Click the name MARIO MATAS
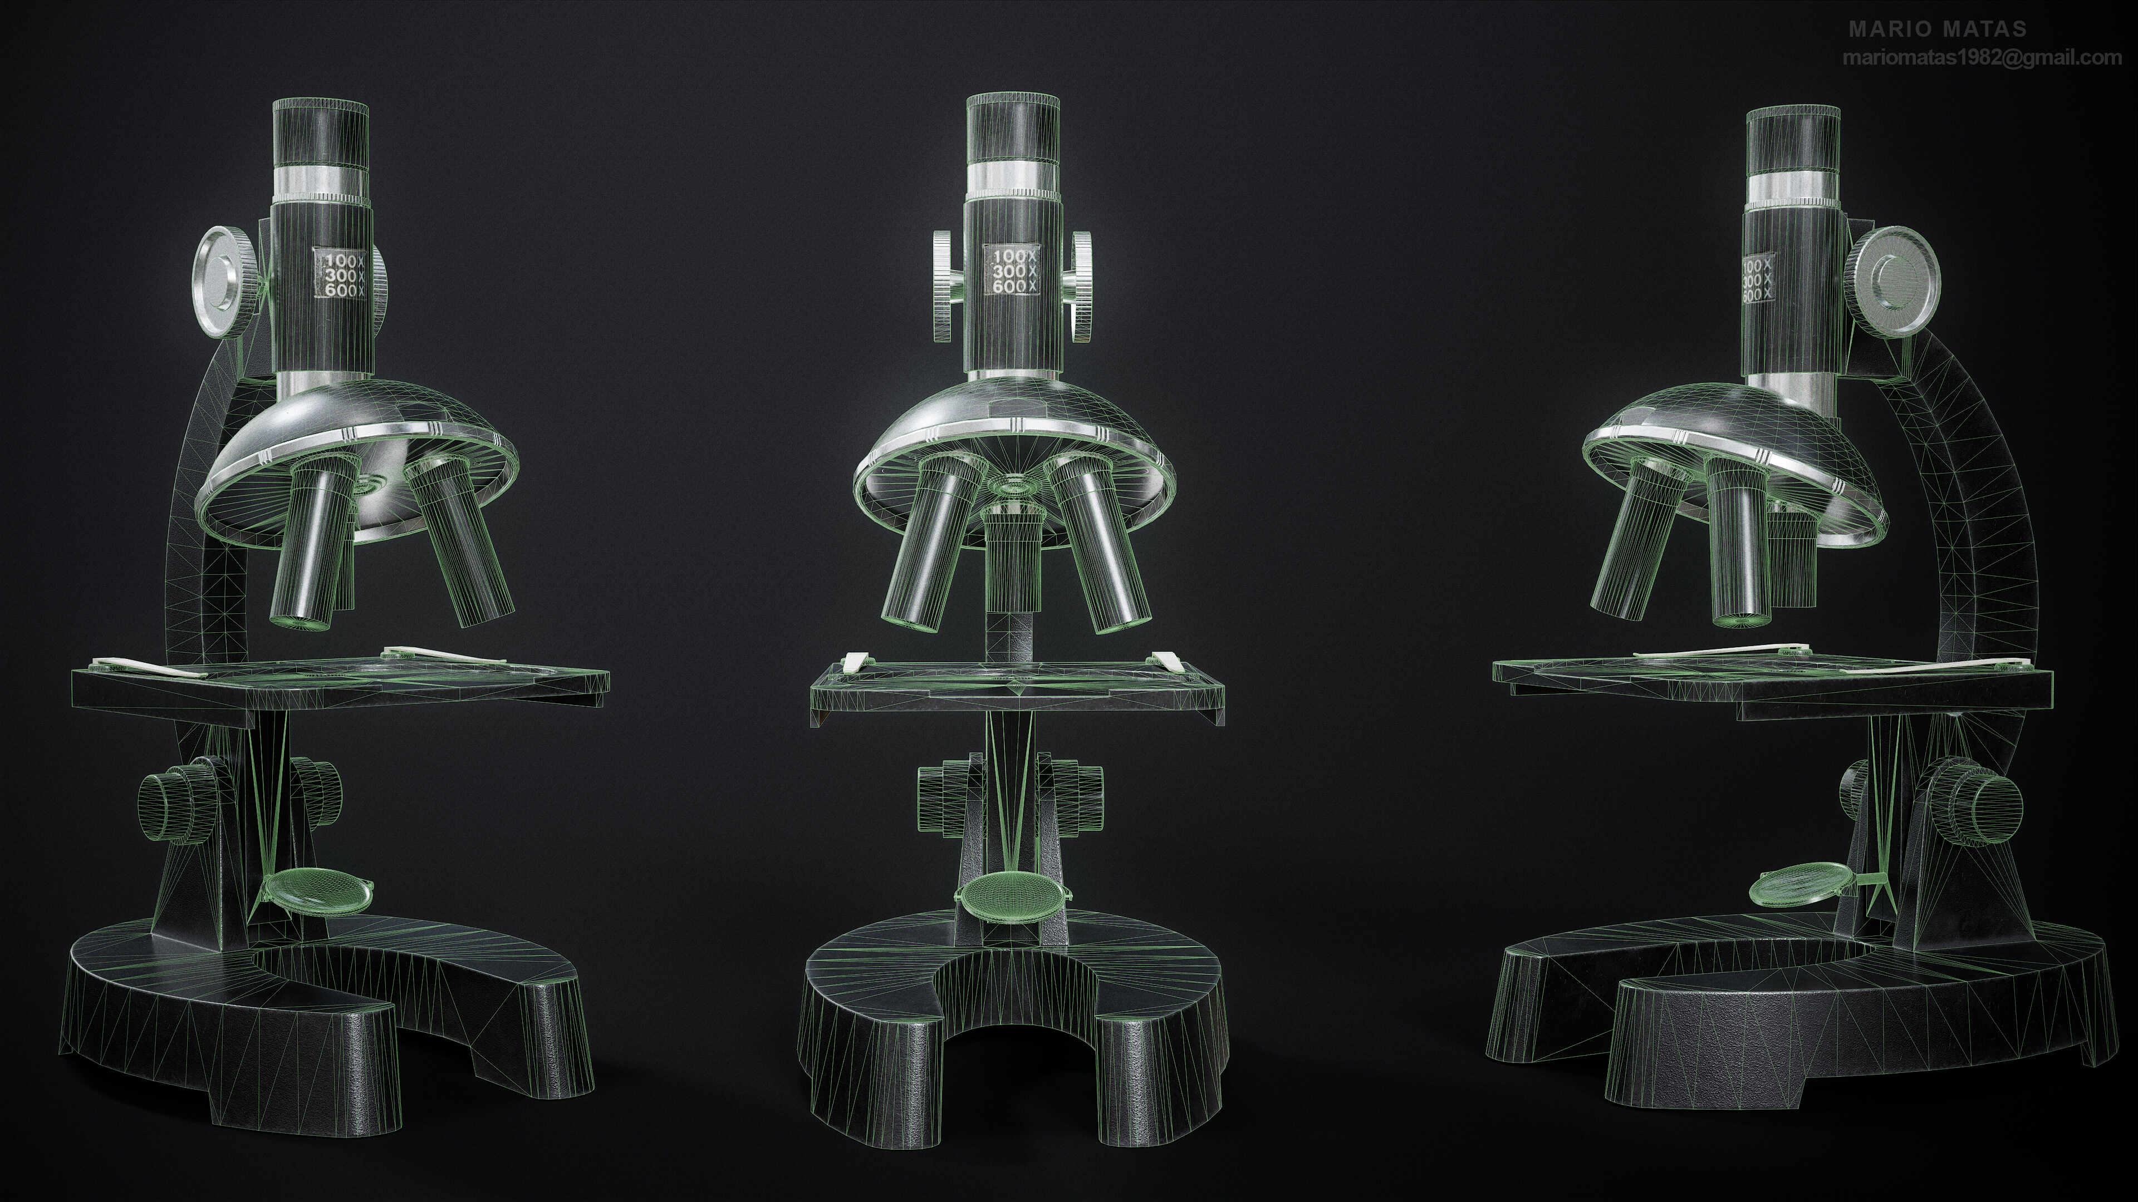pos(1937,29)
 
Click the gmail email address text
pos(1981,58)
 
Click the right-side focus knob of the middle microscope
pos(1081,286)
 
